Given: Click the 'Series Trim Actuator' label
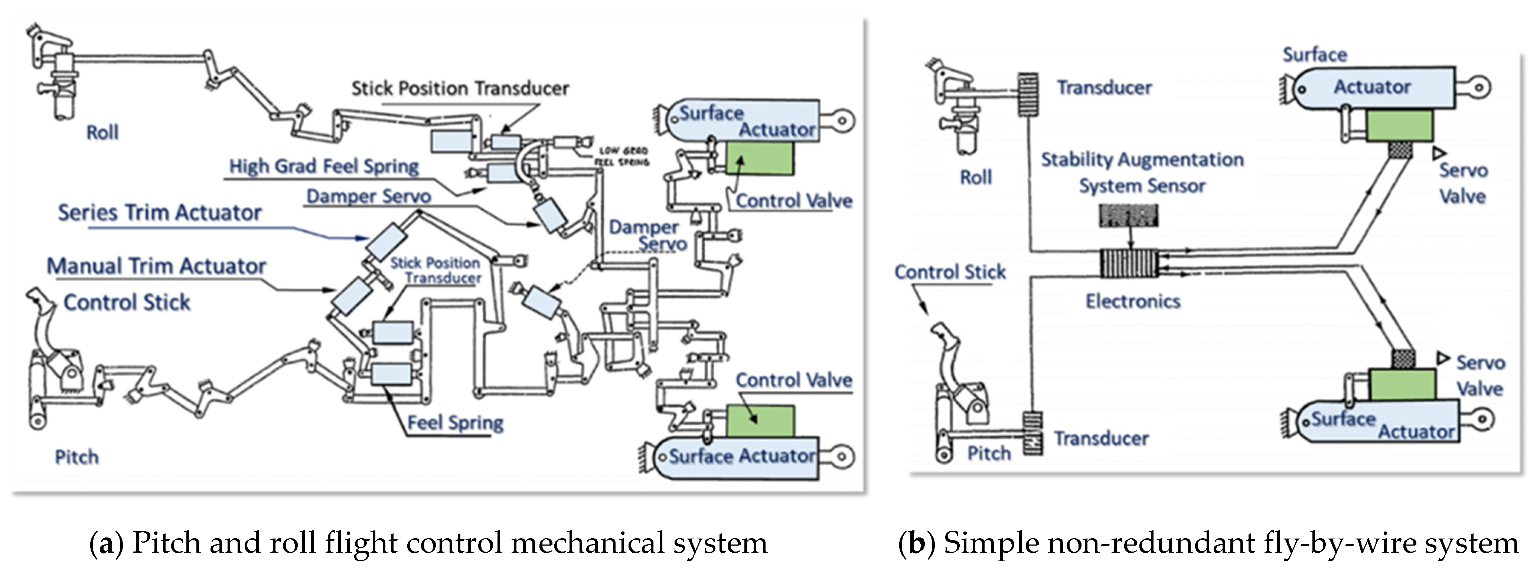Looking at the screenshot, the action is [160, 213].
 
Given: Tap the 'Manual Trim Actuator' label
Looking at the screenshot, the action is [157, 266].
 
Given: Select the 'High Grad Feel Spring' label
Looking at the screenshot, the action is [324, 166].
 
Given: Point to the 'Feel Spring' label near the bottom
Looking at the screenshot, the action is [456, 422].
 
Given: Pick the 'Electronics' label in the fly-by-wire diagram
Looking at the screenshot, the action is [1133, 301].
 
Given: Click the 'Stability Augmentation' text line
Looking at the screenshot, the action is [1142, 160].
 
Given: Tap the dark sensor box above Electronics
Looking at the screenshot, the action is [1129, 216].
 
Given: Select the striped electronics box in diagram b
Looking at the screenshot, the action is [1130, 264].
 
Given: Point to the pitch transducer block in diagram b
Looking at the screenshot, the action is [1032, 433].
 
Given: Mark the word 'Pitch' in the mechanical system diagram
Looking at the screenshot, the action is [76, 457].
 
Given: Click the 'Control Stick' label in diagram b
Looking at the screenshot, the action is [950, 272].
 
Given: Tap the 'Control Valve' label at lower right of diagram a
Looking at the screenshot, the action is [794, 380].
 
